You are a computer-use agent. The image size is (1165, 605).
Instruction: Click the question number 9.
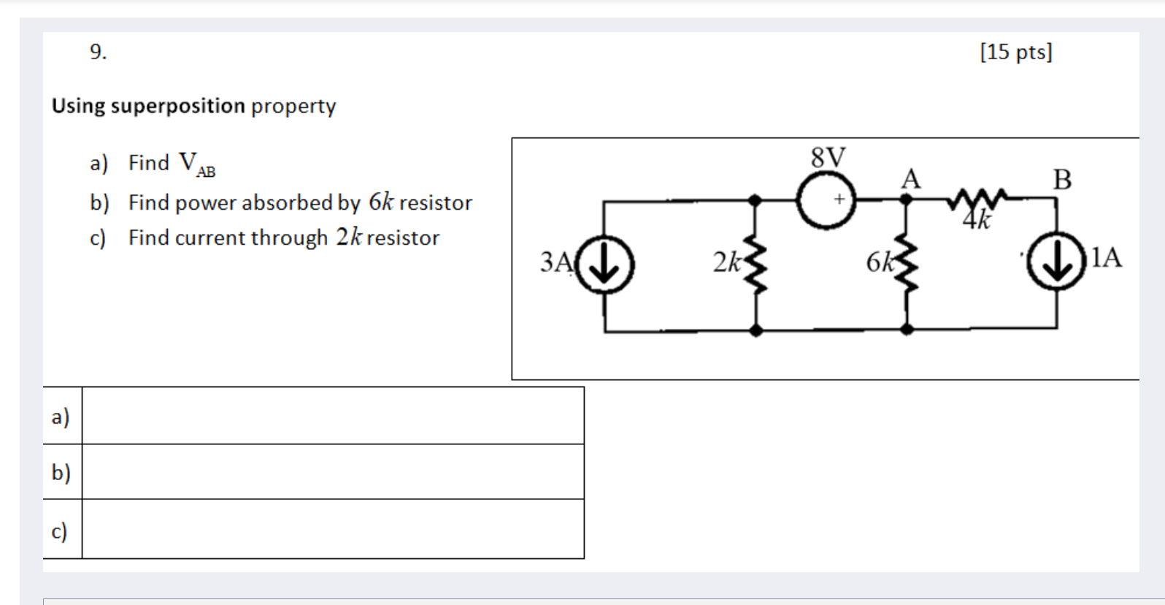click(98, 52)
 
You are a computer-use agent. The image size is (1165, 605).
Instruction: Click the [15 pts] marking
click(1015, 52)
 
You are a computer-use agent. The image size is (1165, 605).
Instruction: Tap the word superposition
click(177, 106)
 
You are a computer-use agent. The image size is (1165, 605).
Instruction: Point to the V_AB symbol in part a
click(196, 164)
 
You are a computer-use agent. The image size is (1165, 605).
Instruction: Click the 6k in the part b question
click(380, 202)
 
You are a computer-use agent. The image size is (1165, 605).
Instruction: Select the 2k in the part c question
click(348, 237)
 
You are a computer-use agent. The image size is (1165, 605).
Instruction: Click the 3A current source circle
click(604, 264)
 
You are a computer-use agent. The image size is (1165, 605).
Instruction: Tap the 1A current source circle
click(1056, 261)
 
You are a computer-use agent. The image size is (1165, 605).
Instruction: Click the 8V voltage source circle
click(826, 199)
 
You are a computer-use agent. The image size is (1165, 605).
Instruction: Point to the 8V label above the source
click(828, 157)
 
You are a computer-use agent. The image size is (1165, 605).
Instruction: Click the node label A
click(910, 178)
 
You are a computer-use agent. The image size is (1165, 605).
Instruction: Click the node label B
click(1062, 179)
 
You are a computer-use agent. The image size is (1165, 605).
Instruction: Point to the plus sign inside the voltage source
click(839, 199)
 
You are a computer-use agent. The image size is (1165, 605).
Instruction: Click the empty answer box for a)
click(333, 416)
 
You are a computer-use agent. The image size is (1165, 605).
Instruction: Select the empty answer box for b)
click(333, 472)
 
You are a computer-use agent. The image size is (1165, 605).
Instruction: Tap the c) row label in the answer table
click(60, 530)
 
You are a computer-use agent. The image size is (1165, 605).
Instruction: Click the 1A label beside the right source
click(1106, 257)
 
